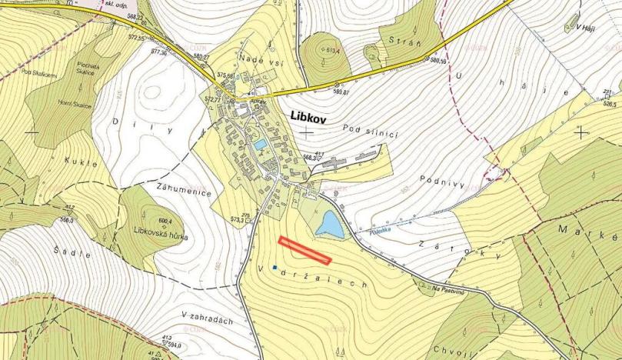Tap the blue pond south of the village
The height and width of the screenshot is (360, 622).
tap(330, 225)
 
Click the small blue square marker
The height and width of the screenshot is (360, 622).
tap(274, 267)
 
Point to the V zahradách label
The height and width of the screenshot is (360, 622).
tap(208, 315)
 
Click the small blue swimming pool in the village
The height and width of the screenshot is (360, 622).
tap(261, 144)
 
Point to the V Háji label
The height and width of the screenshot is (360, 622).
tap(587, 25)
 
